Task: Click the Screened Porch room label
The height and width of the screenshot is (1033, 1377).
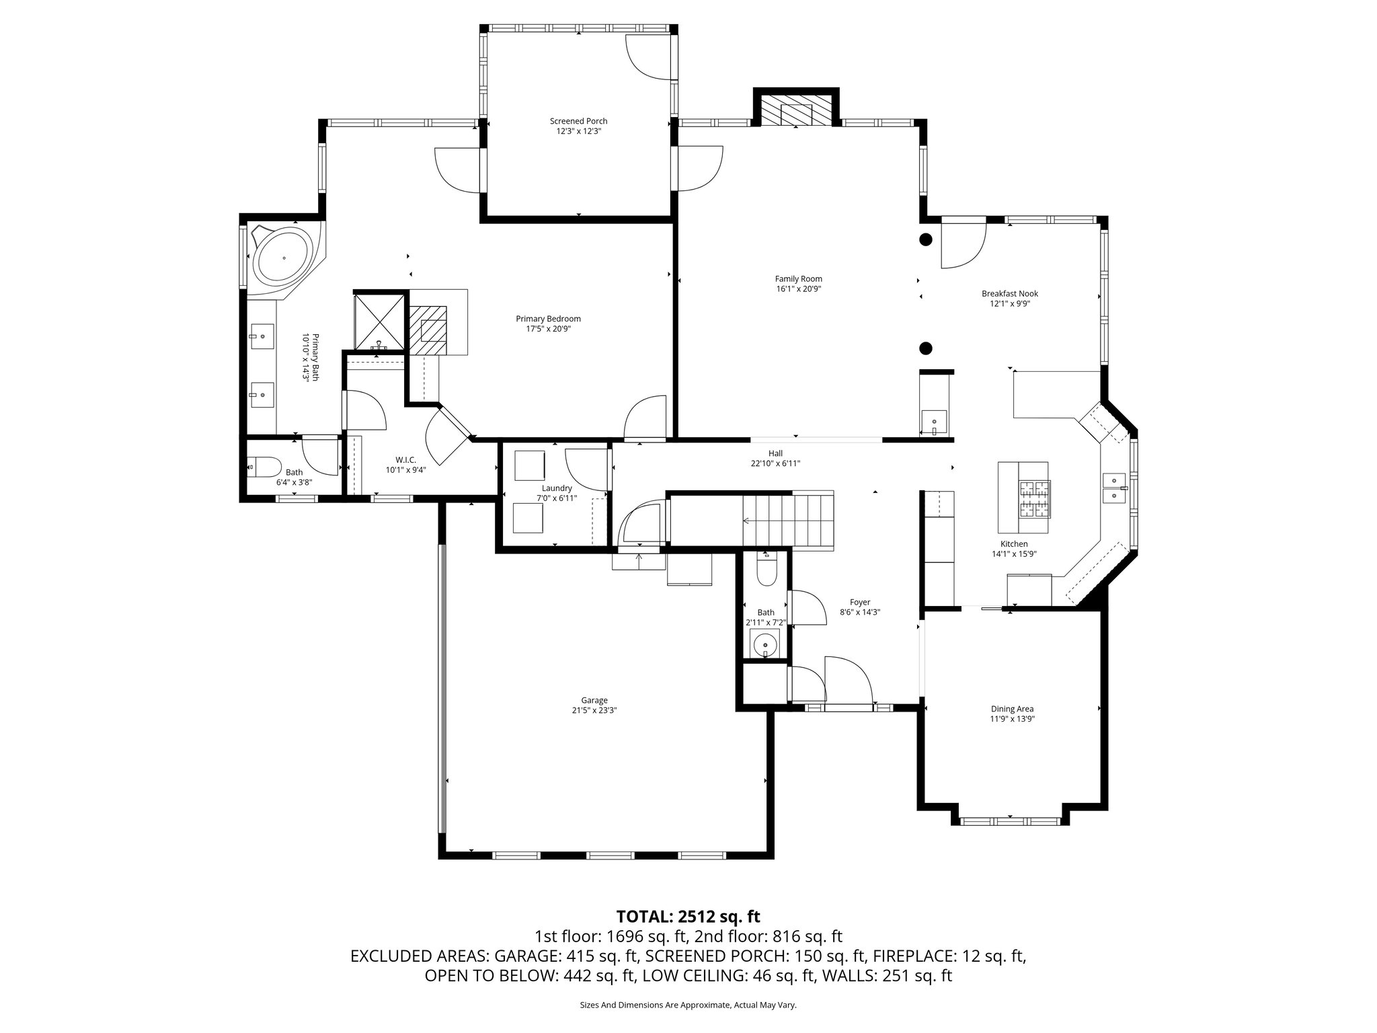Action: [578, 121]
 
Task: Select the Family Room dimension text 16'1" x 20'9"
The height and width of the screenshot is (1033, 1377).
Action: [798, 289]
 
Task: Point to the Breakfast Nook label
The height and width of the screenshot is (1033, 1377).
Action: [1009, 293]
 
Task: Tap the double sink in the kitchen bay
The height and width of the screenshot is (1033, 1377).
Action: [1114, 488]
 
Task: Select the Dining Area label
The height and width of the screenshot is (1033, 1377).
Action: [1012, 709]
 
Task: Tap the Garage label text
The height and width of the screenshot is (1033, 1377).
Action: [594, 700]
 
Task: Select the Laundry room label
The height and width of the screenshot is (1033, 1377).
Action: [557, 488]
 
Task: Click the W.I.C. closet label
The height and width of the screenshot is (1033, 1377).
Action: [406, 460]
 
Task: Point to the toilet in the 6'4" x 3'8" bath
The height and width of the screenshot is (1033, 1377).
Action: [262, 465]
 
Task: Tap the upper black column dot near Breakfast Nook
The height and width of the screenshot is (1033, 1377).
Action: [926, 239]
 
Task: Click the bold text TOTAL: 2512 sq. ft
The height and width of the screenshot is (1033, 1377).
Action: [688, 916]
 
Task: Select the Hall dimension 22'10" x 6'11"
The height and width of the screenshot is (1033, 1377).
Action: [775, 463]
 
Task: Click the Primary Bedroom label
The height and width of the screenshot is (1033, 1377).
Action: [548, 319]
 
